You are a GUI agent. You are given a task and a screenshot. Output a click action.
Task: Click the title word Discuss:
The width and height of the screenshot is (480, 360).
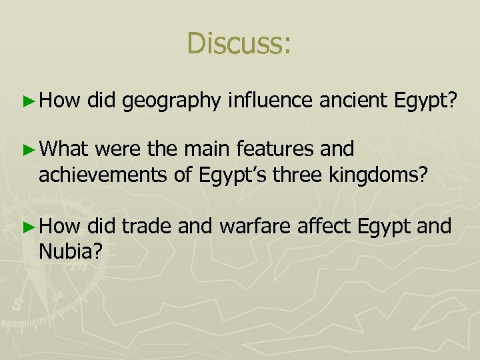coord(239,43)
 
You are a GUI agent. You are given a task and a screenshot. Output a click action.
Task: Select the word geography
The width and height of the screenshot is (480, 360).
coord(172,101)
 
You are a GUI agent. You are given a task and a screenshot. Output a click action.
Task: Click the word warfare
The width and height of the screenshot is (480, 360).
coord(253,227)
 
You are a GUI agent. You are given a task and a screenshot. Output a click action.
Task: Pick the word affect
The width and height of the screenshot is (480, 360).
coord(323,227)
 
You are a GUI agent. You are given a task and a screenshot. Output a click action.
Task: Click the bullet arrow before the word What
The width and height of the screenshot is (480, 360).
coord(28,148)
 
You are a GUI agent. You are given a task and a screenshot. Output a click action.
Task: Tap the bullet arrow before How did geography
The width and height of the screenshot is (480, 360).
coord(28,101)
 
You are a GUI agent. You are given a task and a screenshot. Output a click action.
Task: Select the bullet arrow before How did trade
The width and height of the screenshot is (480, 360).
coord(28,227)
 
